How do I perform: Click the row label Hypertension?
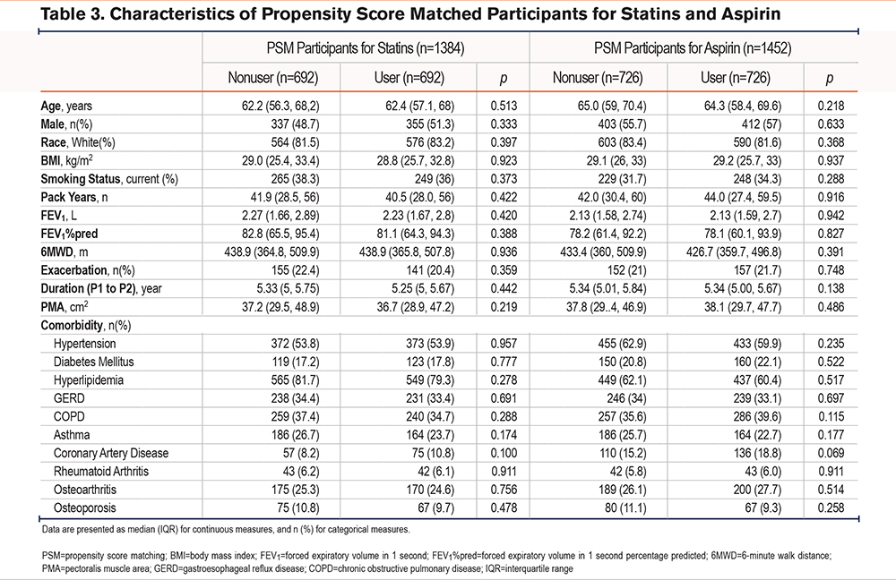click(84, 344)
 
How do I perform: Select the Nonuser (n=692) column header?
click(273, 78)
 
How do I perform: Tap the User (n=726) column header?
click(736, 78)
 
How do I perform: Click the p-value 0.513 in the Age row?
click(504, 107)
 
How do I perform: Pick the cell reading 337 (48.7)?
click(295, 124)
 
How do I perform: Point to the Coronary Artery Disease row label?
click(111, 453)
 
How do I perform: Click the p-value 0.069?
click(831, 453)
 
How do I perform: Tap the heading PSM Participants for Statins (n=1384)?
click(366, 48)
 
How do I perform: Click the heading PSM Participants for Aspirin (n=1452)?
click(693, 48)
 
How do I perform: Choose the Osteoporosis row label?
click(84, 508)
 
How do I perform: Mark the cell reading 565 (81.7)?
click(295, 380)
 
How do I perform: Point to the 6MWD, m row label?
click(64, 252)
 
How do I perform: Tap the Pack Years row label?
click(74, 198)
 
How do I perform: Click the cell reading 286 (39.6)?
click(757, 417)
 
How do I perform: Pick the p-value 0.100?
click(504, 453)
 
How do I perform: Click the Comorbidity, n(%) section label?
click(86, 326)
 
